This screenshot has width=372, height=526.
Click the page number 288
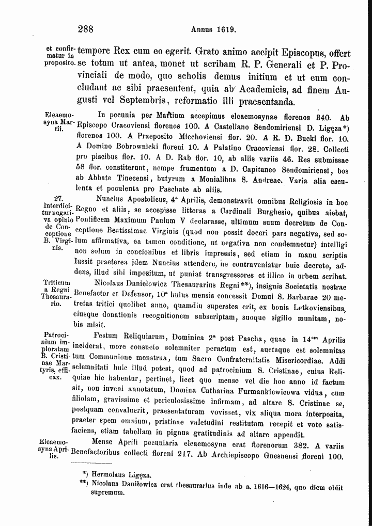pyautogui.click(x=85, y=29)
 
